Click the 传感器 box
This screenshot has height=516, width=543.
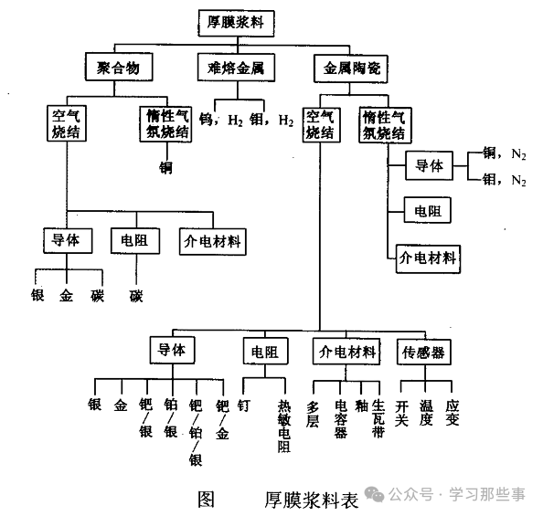point(425,352)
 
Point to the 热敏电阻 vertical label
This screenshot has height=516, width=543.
point(284,426)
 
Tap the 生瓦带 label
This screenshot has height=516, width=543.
point(378,419)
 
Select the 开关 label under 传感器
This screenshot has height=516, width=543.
point(402,412)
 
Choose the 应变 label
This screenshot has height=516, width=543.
point(452,412)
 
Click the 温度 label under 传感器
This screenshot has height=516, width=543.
point(426,412)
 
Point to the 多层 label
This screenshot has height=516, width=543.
point(314,412)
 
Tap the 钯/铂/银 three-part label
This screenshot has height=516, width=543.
point(195,432)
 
